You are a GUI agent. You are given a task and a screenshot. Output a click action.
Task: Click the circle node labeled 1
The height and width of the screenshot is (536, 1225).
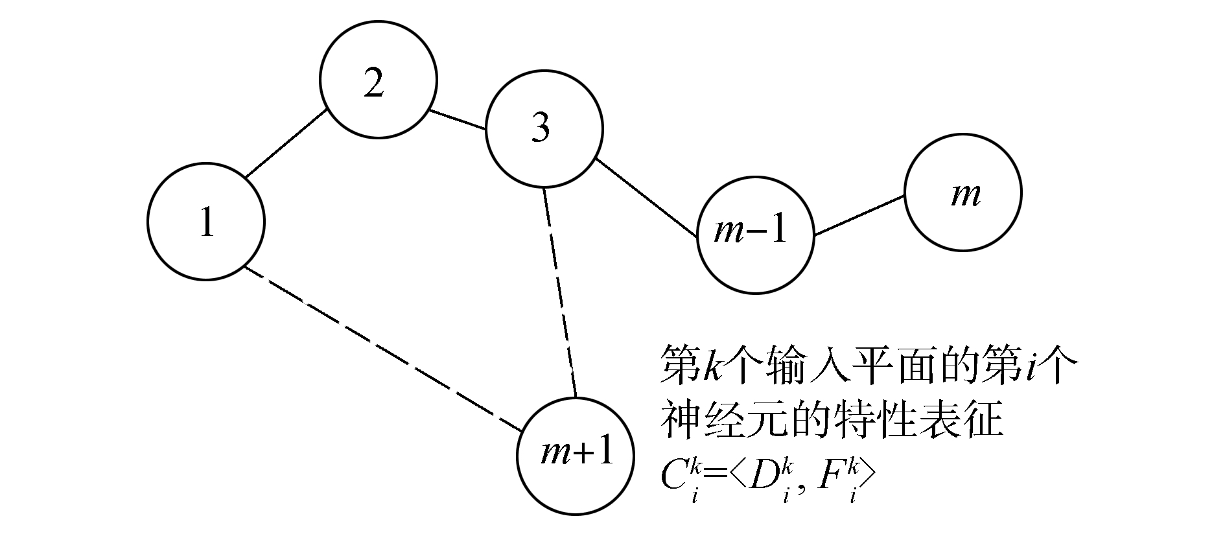pyautogui.click(x=206, y=222)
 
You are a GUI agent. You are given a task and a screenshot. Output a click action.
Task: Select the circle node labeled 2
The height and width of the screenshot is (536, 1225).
pyautogui.click(x=379, y=80)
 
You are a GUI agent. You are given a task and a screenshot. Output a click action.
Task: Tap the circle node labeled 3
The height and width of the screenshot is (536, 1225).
pyautogui.click(x=544, y=130)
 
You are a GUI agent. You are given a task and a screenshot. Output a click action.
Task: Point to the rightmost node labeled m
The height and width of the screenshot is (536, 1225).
pyautogui.click(x=963, y=192)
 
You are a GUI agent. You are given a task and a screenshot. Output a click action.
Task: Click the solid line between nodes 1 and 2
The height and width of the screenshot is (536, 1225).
pyautogui.click(x=285, y=144)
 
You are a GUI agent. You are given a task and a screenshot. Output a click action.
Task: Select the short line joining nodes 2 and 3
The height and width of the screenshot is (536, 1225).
pyautogui.click(x=458, y=120)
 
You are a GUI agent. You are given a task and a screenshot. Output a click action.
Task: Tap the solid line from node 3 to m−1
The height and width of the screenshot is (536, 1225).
pyautogui.click(x=646, y=198)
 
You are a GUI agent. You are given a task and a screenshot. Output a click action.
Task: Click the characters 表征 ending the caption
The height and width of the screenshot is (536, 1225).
pyautogui.click(x=968, y=421)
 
